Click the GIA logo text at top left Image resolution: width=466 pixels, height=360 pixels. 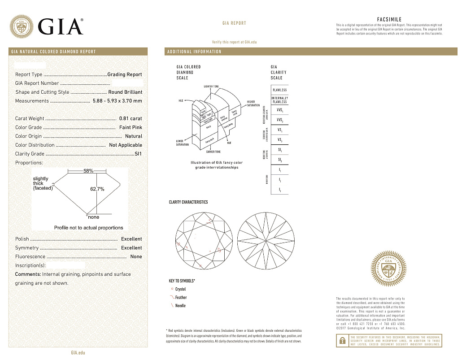click(x=61, y=26)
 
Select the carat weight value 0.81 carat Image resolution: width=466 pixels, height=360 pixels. click(x=131, y=119)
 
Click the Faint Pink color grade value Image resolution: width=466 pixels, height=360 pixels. click(x=131, y=127)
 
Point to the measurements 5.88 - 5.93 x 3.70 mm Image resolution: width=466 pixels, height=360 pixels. click(x=117, y=101)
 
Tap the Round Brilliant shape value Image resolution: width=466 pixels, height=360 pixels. click(x=125, y=92)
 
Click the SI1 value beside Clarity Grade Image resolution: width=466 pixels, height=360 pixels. click(x=138, y=154)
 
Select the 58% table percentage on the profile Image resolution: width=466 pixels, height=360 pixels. click(x=88, y=171)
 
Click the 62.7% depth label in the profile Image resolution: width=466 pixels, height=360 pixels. click(x=97, y=189)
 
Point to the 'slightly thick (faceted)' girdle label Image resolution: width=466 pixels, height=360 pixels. click(x=43, y=183)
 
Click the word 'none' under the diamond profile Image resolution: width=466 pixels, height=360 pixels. click(x=93, y=217)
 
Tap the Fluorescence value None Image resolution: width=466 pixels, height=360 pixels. click(x=136, y=257)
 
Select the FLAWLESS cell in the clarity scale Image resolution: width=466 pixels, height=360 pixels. click(x=279, y=90)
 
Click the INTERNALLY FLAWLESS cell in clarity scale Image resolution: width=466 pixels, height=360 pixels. click(x=279, y=100)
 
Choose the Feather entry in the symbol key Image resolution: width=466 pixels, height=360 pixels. click(x=181, y=298)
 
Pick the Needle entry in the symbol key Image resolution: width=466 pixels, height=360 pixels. click(x=180, y=306)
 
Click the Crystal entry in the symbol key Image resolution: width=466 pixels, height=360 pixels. click(x=180, y=290)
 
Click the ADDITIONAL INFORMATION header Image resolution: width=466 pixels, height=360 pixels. click(x=194, y=52)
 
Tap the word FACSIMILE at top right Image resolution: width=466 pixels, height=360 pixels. click(x=389, y=20)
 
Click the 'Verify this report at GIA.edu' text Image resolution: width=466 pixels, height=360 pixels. click(x=234, y=42)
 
